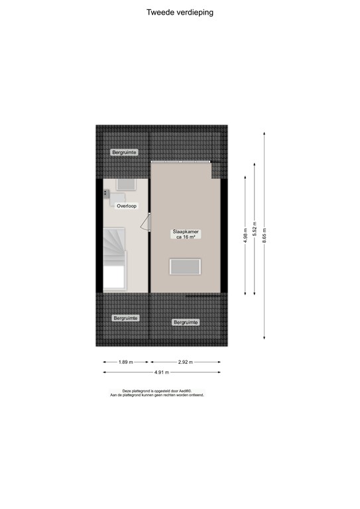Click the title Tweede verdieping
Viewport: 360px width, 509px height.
180,12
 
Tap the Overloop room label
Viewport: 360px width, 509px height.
126,206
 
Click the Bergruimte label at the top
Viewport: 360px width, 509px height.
125,152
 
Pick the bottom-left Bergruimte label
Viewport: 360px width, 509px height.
125,318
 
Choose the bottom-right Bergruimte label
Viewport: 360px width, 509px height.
186,322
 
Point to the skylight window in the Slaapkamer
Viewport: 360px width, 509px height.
186,268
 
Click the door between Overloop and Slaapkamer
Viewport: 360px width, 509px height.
149,221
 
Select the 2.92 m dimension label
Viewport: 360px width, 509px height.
186,362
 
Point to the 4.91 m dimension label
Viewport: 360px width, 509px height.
162,372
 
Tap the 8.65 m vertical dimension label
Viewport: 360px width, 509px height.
265,236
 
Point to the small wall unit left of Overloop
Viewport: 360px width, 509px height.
106,193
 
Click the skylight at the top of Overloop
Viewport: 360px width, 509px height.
126,185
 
